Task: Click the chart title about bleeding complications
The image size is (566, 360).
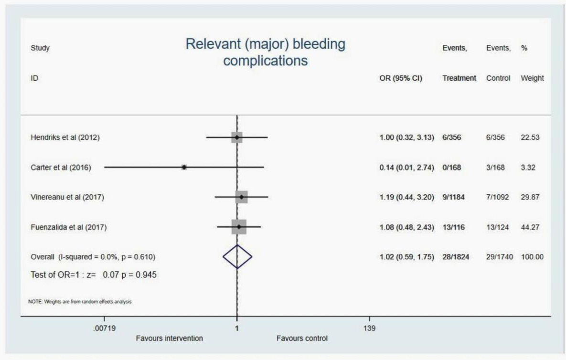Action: (265, 53)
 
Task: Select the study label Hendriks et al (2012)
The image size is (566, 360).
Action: (65, 138)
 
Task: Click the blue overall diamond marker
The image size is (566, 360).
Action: (237, 257)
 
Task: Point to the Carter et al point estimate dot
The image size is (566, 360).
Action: (184, 167)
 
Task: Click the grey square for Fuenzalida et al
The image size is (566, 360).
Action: (238, 227)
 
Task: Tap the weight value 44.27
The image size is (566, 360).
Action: (530, 227)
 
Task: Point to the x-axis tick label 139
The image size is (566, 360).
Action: (370, 328)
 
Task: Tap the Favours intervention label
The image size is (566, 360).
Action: (170, 339)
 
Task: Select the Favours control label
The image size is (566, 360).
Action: (302, 339)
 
